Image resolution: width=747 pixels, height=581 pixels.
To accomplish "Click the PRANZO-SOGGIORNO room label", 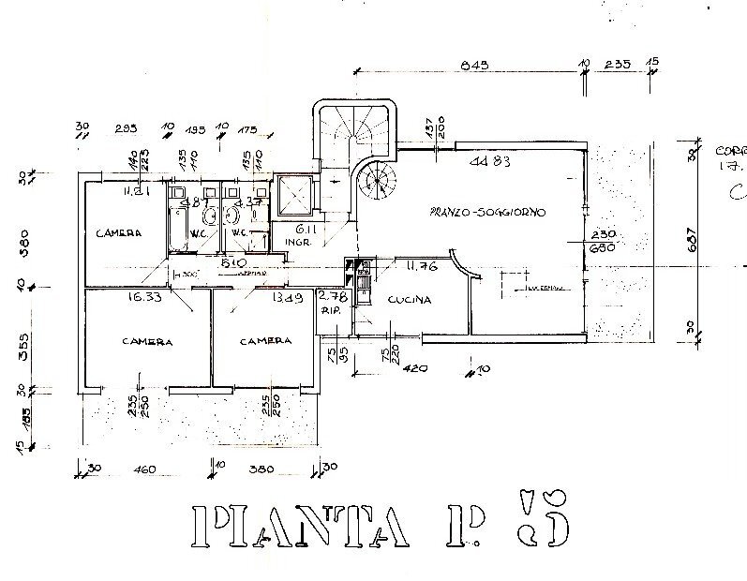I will [487, 212].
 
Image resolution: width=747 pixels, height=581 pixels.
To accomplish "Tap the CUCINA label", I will [408, 301].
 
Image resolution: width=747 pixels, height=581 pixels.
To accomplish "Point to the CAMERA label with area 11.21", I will [119, 233].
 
